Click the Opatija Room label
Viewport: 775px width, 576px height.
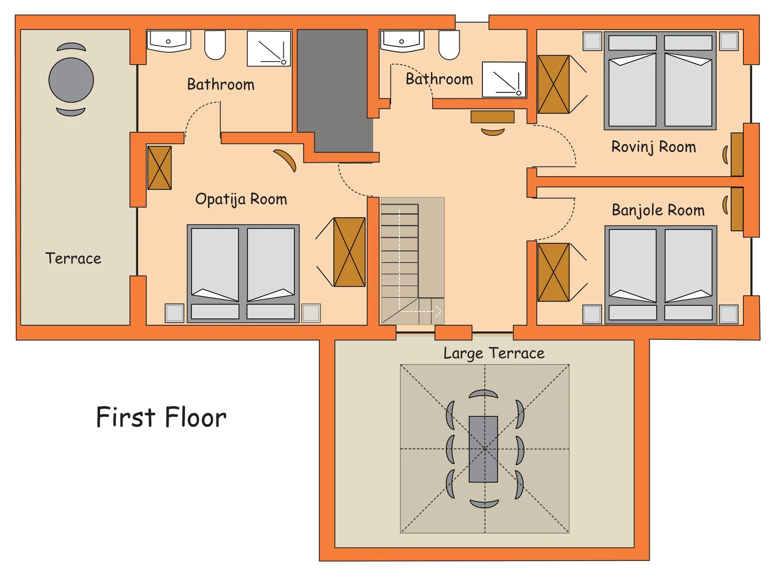(241, 199)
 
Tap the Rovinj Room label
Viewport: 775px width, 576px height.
(653, 147)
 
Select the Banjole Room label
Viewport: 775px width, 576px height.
(658, 210)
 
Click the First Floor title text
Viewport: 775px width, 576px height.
(161, 417)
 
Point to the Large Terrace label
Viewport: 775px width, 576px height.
(494, 353)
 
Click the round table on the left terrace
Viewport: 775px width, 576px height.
(71, 80)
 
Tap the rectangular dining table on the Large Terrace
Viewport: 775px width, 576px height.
(483, 449)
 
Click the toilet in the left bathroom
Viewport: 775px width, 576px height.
(215, 45)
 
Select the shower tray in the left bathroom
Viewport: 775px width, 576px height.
(269, 48)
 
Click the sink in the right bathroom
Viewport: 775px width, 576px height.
(402, 41)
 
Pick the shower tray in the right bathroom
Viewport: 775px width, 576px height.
(504, 79)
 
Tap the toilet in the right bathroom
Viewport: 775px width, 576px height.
(449, 45)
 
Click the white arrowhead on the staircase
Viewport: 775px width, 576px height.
(438, 311)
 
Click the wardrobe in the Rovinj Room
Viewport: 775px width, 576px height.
(554, 84)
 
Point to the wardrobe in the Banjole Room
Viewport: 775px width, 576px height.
(554, 272)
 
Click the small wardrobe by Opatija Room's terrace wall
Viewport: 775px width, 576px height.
(159, 167)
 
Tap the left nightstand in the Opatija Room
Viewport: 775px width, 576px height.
(174, 313)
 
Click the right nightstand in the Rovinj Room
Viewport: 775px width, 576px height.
(729, 41)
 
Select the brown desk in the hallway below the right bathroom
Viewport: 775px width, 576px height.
(492, 117)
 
